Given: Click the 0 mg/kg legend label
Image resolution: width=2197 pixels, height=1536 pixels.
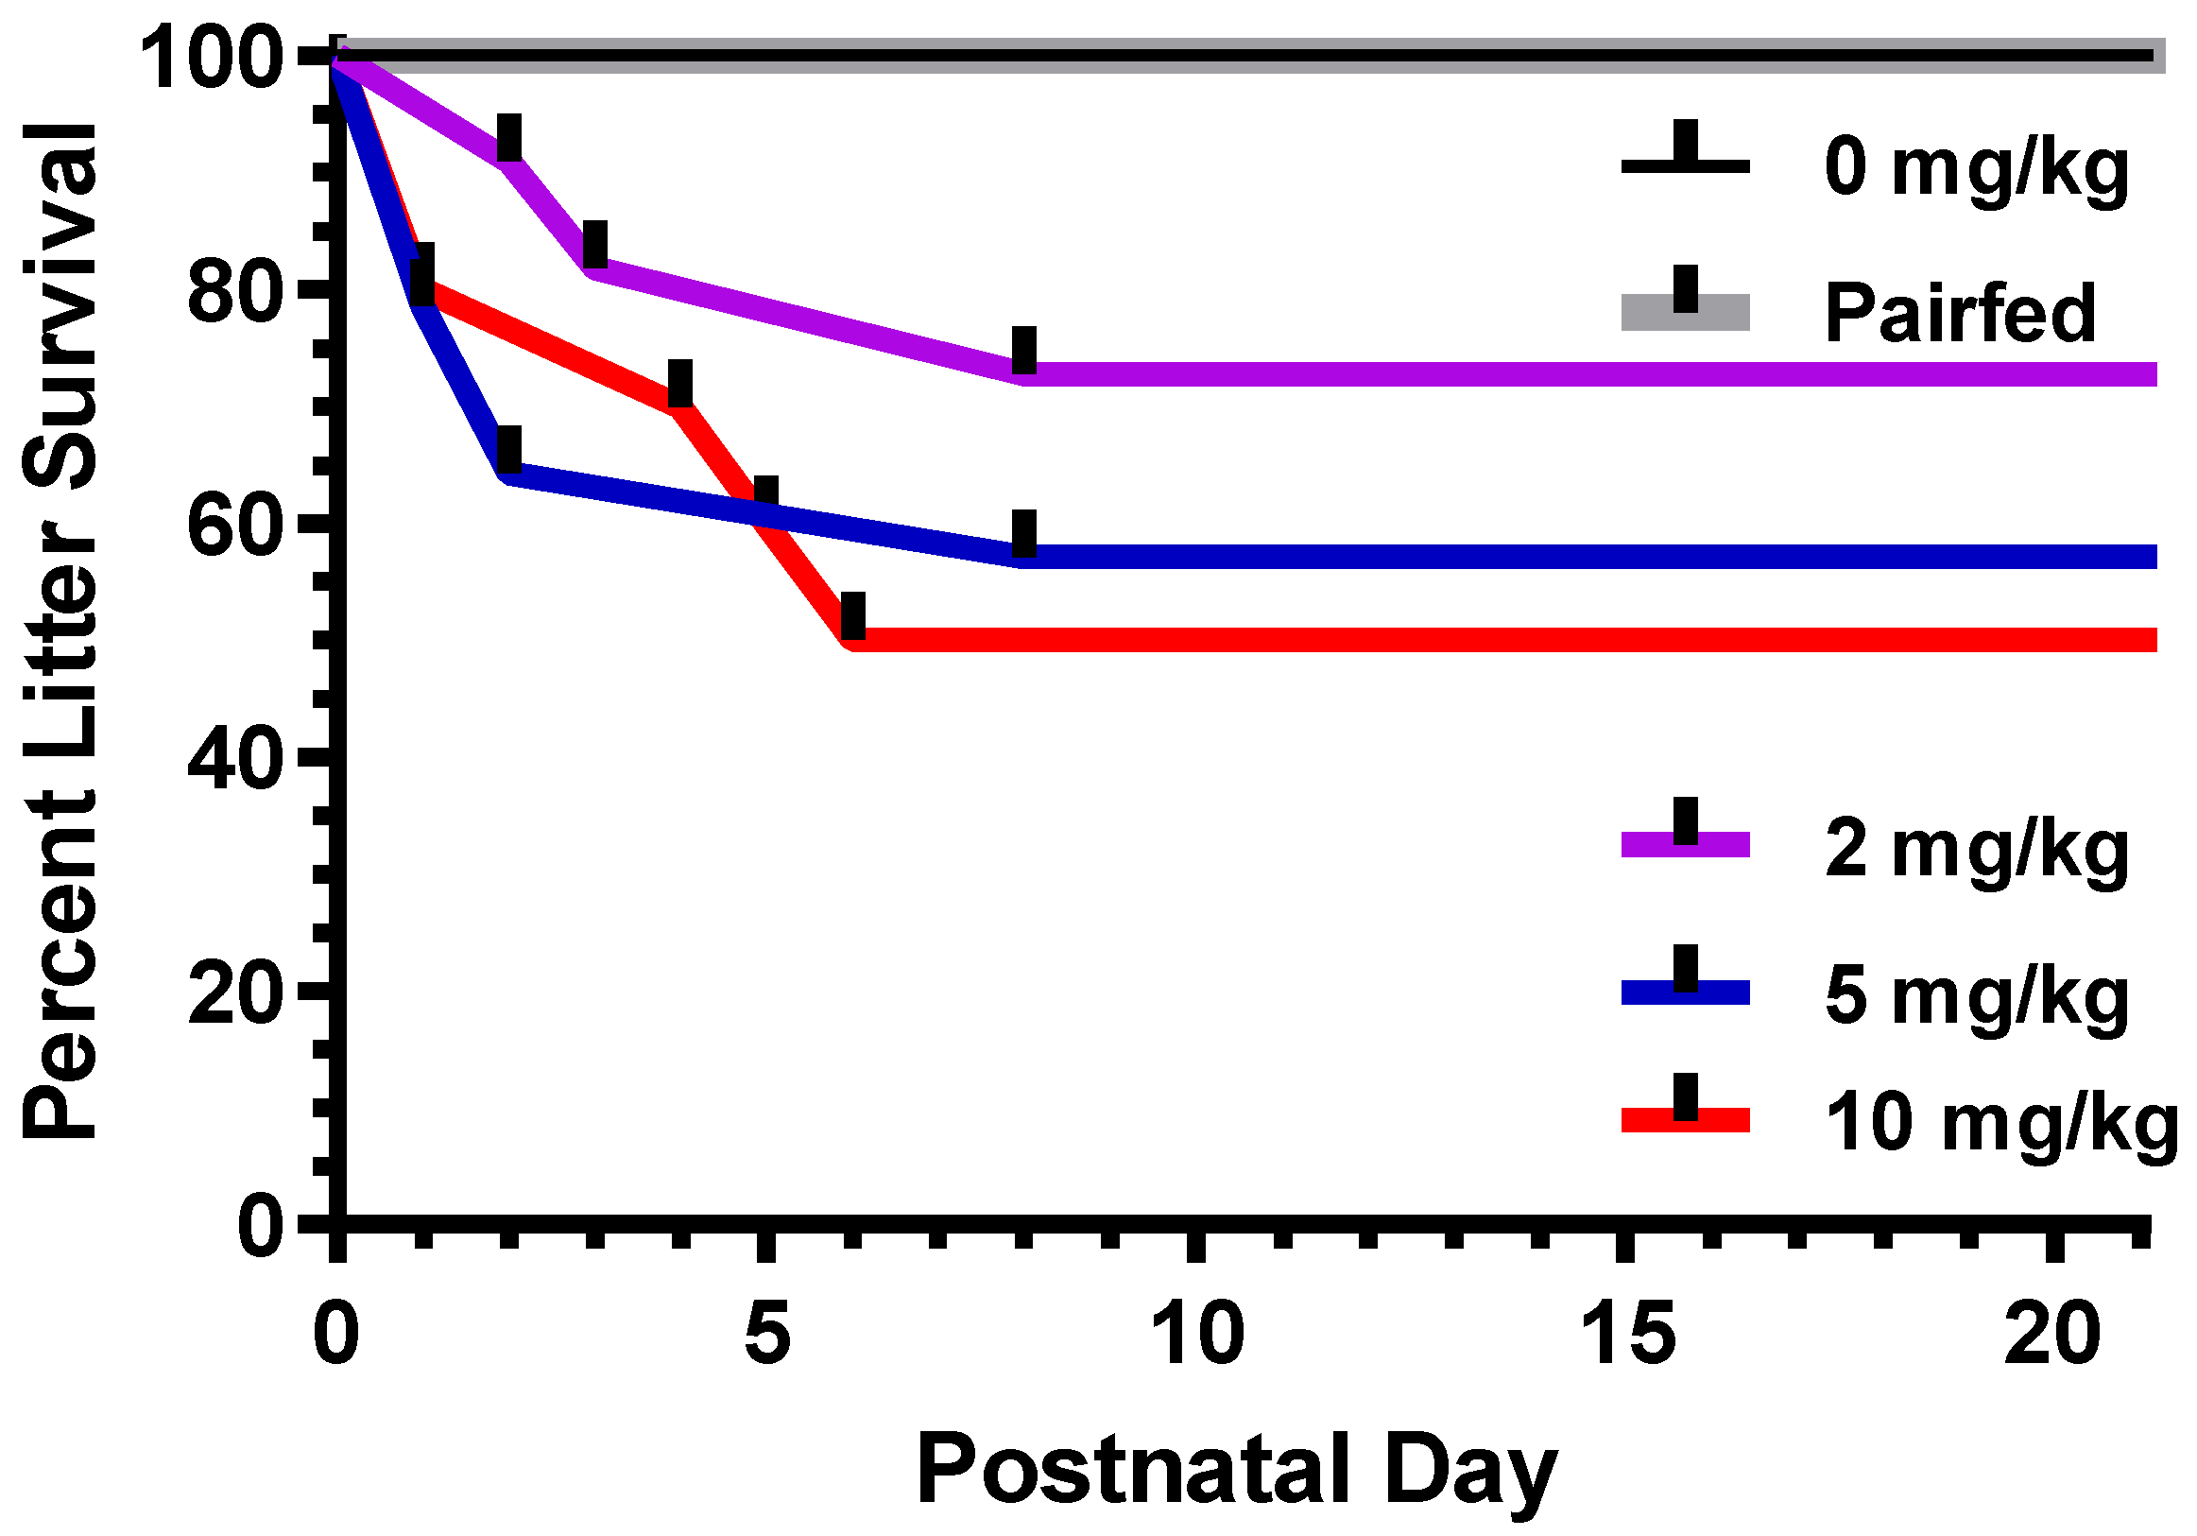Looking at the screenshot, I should point(1975,168).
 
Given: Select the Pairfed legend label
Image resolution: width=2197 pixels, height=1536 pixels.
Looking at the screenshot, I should point(1960,313).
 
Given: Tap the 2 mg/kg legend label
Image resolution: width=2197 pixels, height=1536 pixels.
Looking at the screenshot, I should point(1975,849).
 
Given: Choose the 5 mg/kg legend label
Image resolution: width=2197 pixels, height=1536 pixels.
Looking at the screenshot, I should point(1975,996).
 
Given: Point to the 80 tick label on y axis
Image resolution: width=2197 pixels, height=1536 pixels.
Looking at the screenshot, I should point(235,292).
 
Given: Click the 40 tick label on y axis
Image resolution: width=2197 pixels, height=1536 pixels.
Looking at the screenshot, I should point(235,761).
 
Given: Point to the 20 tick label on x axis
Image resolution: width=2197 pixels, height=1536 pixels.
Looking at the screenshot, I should point(2051,1335).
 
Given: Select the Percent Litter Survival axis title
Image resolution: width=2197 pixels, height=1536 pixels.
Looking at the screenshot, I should point(60,631).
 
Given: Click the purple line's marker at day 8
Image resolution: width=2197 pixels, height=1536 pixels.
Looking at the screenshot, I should point(1024,351).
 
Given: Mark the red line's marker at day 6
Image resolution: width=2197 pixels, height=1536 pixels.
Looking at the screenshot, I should point(852,615).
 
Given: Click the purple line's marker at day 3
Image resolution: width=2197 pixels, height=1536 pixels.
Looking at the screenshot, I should point(595,244).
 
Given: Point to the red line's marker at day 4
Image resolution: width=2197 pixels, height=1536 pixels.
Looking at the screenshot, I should point(680,384).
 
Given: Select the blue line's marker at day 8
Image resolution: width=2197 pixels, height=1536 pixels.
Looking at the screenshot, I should point(1024,533).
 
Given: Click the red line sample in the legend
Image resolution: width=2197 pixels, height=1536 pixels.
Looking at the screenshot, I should point(1684,1120).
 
